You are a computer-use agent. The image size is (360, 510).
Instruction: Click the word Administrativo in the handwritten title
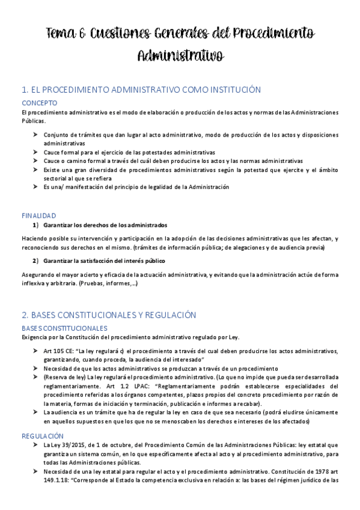(x=180, y=56)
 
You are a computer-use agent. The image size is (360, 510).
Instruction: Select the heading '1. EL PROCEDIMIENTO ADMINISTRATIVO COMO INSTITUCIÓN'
(x=141, y=90)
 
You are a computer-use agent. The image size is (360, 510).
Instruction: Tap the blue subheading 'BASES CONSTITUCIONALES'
(x=64, y=328)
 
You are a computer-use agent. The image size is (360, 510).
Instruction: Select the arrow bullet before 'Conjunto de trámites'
(x=35, y=135)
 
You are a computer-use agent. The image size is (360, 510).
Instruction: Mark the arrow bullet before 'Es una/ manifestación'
(x=35, y=187)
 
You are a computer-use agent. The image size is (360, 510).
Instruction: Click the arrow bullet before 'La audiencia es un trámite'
(x=35, y=412)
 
